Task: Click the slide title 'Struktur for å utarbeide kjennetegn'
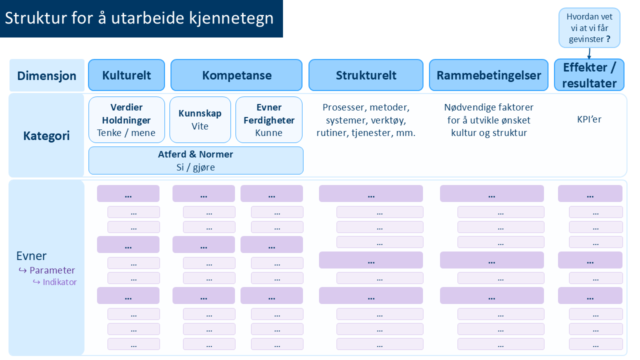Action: click(139, 18)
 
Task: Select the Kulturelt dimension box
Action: click(126, 75)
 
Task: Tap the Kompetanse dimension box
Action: click(236, 75)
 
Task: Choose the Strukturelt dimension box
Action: click(366, 75)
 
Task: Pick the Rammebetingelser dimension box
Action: click(488, 75)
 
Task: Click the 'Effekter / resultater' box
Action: click(589, 75)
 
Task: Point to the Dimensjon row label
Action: click(46, 76)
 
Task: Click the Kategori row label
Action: click(46, 135)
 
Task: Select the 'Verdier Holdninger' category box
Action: click(126, 120)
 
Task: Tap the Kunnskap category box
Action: click(200, 120)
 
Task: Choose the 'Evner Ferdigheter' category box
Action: click(269, 120)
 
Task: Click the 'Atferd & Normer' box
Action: click(195, 160)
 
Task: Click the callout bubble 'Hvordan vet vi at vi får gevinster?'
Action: click(589, 28)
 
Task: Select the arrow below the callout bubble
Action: click(589, 53)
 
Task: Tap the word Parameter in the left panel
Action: click(52, 270)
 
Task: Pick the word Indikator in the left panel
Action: click(59, 282)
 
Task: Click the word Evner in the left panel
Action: click(31, 256)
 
